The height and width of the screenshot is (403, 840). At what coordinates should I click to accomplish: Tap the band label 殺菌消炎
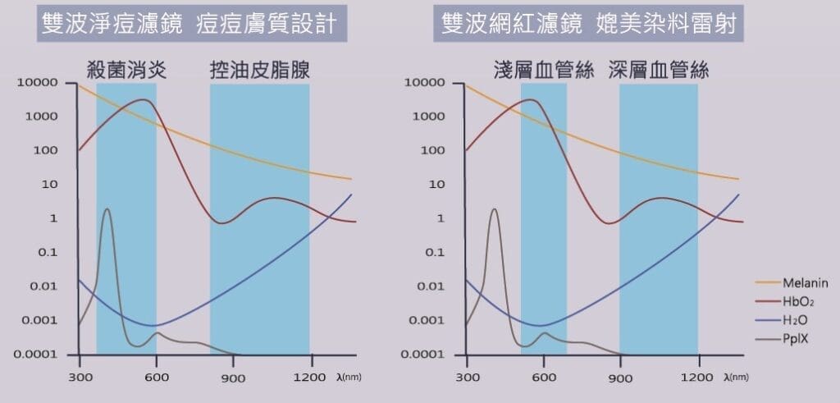126,70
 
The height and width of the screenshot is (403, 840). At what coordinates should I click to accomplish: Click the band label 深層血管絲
659,70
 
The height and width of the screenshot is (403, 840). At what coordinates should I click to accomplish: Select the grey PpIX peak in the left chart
107,210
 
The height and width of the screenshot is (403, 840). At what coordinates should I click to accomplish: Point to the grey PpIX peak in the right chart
494,210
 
